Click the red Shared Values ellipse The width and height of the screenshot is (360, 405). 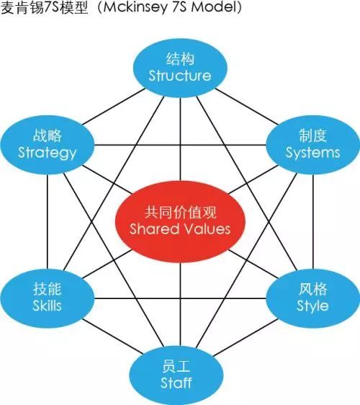tap(180, 221)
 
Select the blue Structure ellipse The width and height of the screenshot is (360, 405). tap(180, 68)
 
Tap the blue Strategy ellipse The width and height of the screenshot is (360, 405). tap(48, 145)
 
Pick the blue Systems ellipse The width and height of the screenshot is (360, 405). tap(312, 145)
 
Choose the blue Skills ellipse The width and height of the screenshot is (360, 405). tap(48, 298)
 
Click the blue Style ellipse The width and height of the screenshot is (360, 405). tap(312, 298)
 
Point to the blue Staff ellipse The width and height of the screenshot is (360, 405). tap(176, 375)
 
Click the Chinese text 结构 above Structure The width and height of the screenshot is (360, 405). tap(180, 59)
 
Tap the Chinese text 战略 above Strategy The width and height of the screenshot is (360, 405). tap(48, 135)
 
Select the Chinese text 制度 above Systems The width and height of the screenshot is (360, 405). tap(312, 135)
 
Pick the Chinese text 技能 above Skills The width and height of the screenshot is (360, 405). tap(48, 289)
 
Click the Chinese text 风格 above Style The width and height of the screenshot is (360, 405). tap(312, 289)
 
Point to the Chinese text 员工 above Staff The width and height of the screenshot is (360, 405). tap(176, 366)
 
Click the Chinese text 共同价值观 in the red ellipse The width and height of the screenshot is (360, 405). tap(180, 213)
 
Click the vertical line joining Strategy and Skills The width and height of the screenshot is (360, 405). tap(48, 222)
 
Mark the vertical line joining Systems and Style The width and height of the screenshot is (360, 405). tap(312, 222)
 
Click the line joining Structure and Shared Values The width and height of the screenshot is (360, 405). tap(180, 139)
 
